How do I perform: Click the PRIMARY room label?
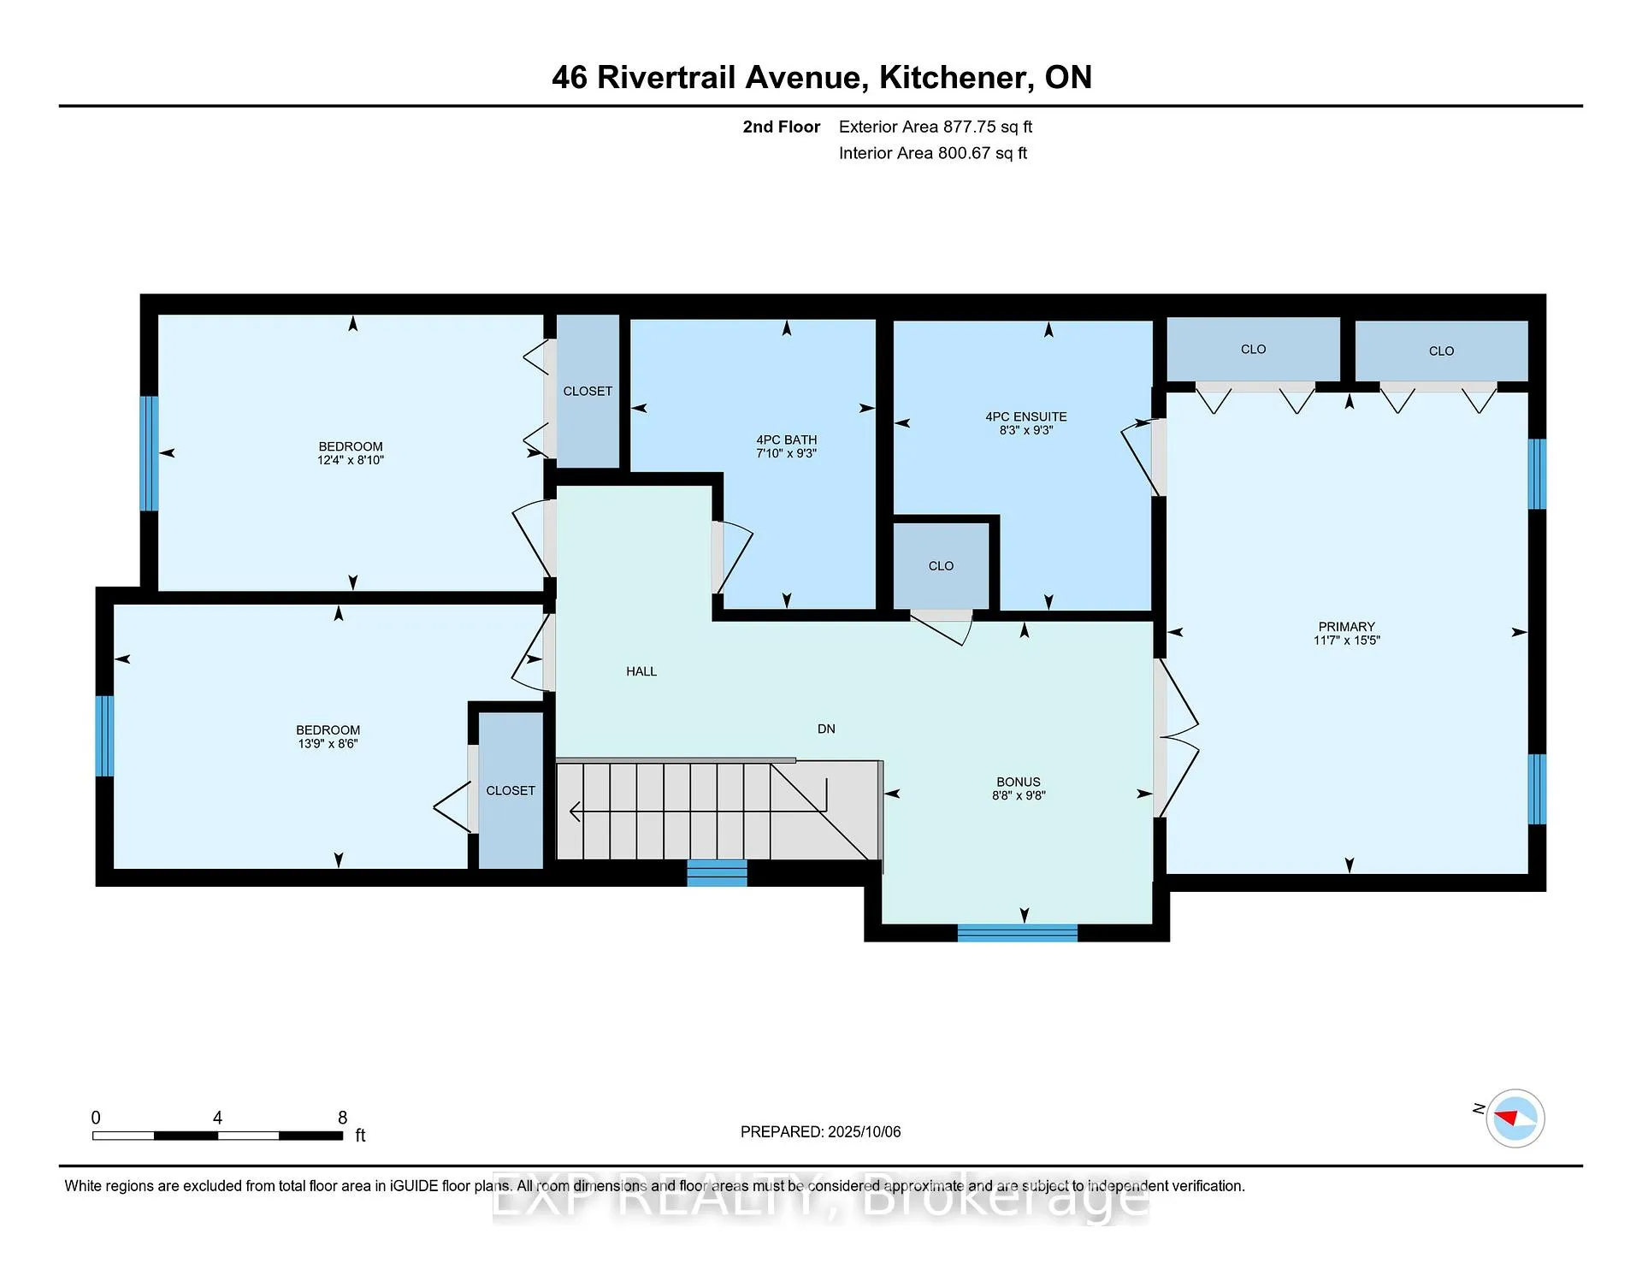click(x=1346, y=627)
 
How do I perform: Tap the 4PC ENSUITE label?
click(x=1026, y=417)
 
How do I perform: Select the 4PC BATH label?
click(x=787, y=440)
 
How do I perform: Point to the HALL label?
click(x=641, y=672)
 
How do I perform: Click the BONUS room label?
click(x=1019, y=782)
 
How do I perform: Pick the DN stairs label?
click(x=826, y=729)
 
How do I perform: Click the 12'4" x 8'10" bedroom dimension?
click(x=351, y=460)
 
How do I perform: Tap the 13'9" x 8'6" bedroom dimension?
click(x=328, y=744)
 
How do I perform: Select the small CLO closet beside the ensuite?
click(x=941, y=566)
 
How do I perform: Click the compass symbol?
click(x=1515, y=1118)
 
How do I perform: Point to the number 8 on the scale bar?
click(x=342, y=1118)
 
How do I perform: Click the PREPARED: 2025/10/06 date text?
click(x=821, y=1132)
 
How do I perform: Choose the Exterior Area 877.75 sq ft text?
click(x=936, y=127)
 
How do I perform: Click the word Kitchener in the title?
click(x=954, y=78)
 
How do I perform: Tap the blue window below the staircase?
click(x=717, y=873)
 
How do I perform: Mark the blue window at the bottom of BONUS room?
click(x=1017, y=933)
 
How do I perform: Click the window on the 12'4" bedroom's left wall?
click(x=149, y=453)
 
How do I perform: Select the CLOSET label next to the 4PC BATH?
click(x=588, y=392)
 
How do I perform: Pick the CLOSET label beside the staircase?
click(x=511, y=791)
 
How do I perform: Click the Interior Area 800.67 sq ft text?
click(x=933, y=154)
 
